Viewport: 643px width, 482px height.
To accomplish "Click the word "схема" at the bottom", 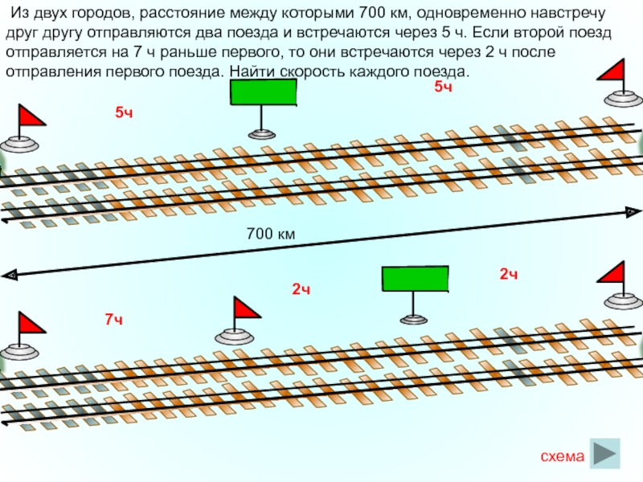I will (x=562, y=457).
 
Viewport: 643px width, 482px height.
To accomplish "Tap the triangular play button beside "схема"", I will (x=605, y=453).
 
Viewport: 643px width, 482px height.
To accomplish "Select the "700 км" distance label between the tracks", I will (x=272, y=235).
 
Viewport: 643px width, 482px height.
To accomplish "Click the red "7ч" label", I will (x=113, y=320).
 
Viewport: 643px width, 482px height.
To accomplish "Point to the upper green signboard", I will (x=264, y=92).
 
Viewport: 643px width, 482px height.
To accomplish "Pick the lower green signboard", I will (x=414, y=279).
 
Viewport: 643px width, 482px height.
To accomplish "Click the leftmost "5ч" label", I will (x=123, y=113).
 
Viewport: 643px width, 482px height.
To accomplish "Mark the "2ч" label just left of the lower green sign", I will (x=301, y=288).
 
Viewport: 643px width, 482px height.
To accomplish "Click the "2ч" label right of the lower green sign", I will (x=508, y=275).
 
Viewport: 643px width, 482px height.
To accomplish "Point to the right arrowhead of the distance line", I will (x=629, y=212).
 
